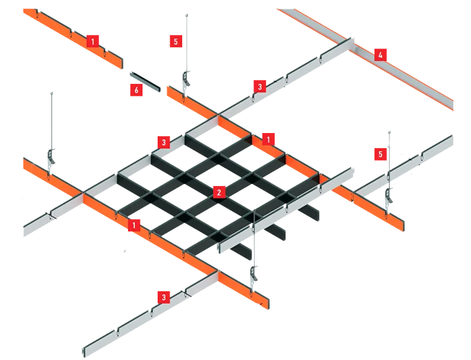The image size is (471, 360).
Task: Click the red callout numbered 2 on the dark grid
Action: click(219, 192)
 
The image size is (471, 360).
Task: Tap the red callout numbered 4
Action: click(380, 55)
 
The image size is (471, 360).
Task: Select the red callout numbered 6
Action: click(136, 90)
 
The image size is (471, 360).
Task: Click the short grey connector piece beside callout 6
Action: click(145, 81)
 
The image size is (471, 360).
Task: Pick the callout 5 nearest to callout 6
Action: click(176, 41)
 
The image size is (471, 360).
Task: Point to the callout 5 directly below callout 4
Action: click(380, 154)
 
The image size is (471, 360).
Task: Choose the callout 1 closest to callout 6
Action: click(93, 41)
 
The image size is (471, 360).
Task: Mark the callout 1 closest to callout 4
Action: click(268, 139)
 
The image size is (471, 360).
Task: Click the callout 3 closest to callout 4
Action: click(260, 87)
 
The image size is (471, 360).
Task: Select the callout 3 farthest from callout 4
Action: click(164, 297)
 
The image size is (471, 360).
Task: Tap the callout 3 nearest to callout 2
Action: click(164, 142)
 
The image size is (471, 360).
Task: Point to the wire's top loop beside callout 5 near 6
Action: click(187, 15)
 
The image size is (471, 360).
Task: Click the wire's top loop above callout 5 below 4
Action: click(389, 132)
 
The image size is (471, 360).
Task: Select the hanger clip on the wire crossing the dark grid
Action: click(253, 273)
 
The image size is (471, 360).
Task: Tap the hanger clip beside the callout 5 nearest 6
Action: click(186, 79)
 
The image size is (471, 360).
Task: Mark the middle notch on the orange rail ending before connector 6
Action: click(71, 32)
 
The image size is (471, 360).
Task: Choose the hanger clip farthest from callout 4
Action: click(51, 157)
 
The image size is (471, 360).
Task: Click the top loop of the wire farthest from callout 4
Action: click(52, 94)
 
